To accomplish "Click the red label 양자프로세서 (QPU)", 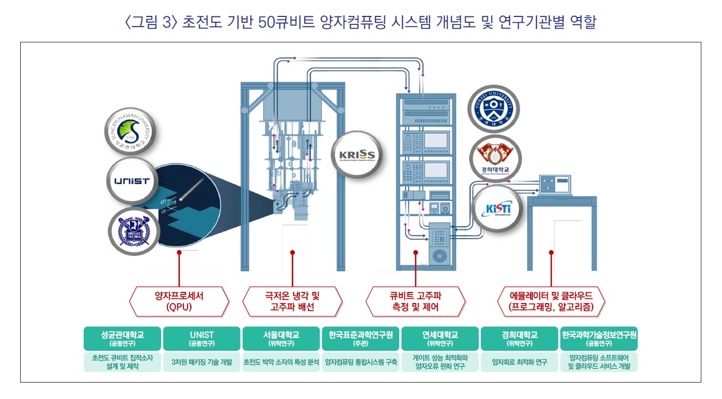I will tap(179, 302).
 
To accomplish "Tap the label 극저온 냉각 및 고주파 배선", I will tap(292, 302).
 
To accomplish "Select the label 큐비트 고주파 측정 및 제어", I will tap(416, 302).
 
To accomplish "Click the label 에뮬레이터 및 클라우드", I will tap(551, 302).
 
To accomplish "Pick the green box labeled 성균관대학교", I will tap(122, 338).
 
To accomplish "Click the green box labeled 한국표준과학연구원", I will tap(360, 338).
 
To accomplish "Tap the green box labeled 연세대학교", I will tap(440, 338).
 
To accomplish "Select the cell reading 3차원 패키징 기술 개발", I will tap(201, 362).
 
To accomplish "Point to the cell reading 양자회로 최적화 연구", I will tap(519, 362).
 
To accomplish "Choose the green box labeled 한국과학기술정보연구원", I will tap(599, 338).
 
